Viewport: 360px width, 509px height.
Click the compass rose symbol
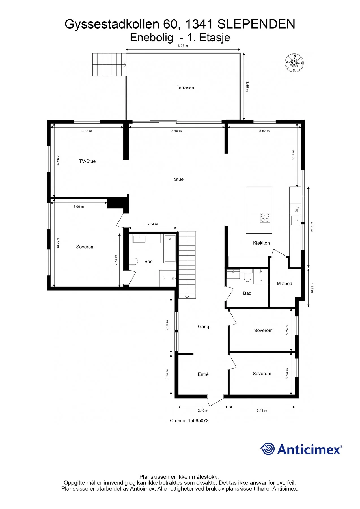click(294, 62)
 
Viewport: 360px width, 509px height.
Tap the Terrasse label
click(185, 87)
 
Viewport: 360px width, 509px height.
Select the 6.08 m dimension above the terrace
click(183, 46)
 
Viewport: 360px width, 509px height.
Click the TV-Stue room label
click(87, 161)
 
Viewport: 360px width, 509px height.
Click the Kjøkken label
click(261, 243)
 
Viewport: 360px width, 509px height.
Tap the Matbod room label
click(284, 284)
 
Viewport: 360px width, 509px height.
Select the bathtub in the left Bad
click(170, 248)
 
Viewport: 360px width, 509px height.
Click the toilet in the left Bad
click(133, 261)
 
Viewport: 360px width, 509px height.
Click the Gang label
click(203, 327)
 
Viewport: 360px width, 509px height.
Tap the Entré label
click(203, 374)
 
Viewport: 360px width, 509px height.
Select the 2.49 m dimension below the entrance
click(203, 411)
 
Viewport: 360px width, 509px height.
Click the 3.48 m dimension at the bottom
click(262, 411)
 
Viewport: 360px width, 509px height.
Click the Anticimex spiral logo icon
click(267, 449)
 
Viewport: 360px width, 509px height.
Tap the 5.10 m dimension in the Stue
click(176, 131)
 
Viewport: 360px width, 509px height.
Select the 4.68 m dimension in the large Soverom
click(58, 243)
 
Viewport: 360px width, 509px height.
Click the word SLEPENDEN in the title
click(256, 24)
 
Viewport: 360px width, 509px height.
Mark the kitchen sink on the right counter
click(295, 220)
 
